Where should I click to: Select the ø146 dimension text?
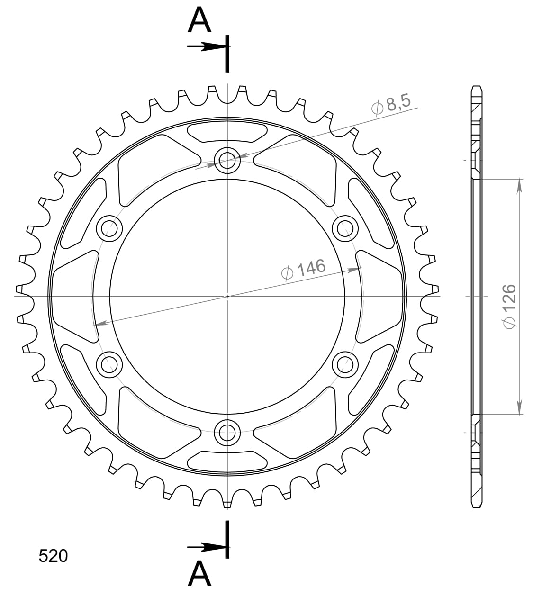303,270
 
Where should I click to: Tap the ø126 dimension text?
507,306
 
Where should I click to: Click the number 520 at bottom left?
53,556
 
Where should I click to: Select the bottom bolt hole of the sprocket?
227,432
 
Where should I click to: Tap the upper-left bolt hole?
109,229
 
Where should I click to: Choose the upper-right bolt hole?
345,229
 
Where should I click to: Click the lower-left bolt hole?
109,364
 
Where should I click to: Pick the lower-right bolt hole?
345,364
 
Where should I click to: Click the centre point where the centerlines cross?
227,297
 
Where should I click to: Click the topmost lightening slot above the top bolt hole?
227,131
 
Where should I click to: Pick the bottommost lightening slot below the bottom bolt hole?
227,461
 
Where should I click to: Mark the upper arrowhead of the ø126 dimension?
520,185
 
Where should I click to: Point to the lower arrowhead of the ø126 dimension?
520,408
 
